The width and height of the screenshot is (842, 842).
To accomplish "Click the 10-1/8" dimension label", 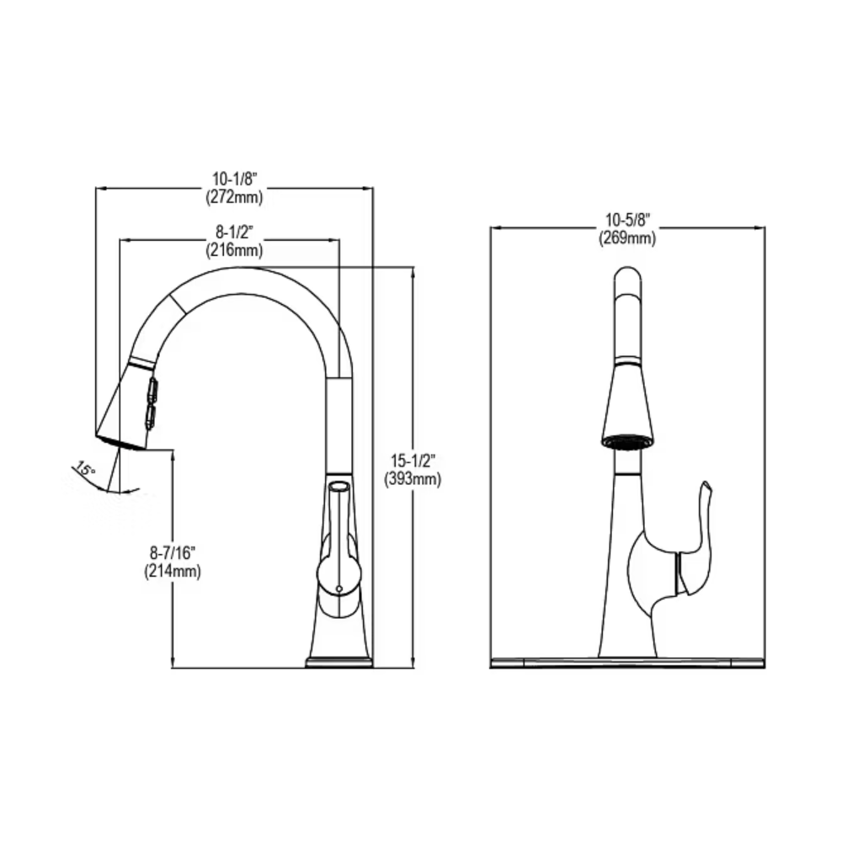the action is point(235,179).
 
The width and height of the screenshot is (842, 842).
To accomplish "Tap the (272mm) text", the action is point(235,198).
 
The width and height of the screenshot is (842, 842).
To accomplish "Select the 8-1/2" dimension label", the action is point(235,232).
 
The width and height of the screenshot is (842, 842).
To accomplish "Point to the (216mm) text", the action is point(235,250).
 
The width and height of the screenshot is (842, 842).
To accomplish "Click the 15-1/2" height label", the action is point(413,461).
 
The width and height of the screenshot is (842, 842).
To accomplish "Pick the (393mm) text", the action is point(413,479).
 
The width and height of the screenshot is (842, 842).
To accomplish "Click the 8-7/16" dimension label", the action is point(173,552).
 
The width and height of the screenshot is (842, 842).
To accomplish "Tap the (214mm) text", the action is point(173,571).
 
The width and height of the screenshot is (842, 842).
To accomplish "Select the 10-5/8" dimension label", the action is point(628,220).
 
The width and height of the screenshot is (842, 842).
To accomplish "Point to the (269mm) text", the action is point(628,238).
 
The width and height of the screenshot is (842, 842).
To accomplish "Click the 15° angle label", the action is point(85,469).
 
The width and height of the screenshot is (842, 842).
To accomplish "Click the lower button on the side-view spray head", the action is point(150,418).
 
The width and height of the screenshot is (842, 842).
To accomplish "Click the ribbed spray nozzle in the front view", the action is point(627,441).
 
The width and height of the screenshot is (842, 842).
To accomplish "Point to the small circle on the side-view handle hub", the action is point(338,589).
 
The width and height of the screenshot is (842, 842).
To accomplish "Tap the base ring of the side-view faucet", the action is point(338,662).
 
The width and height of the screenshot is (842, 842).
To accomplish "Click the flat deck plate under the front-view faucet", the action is point(627,663).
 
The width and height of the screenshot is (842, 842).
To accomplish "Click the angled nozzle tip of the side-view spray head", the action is point(121,441).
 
